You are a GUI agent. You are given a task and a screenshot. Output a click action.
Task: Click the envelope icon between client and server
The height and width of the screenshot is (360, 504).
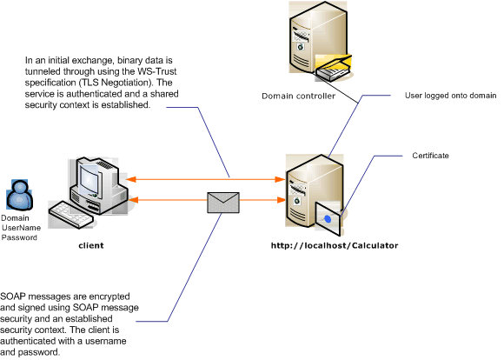click(x=222, y=202)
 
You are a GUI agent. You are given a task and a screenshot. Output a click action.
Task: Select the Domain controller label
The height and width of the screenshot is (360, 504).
click(x=298, y=97)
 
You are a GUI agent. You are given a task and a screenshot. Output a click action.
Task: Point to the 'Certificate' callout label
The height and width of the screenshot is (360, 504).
click(x=430, y=155)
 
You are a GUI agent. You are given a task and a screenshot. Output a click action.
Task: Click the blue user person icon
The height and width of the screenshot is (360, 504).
click(x=18, y=195)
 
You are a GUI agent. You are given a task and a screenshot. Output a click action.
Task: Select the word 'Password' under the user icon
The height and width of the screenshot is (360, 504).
click(x=19, y=237)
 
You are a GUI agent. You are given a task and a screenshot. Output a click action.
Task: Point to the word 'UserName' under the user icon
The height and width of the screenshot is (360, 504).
click(x=20, y=227)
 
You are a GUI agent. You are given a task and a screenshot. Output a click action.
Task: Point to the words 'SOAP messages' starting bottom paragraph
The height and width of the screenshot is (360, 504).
click(x=32, y=297)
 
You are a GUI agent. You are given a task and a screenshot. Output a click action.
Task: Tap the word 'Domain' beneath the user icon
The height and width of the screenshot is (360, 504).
click(x=15, y=217)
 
